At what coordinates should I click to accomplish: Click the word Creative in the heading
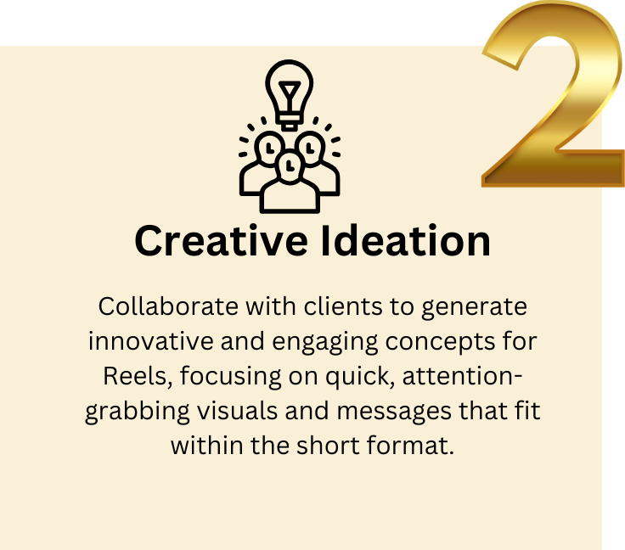tap(220, 241)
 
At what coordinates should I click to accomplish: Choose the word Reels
tap(129, 376)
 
